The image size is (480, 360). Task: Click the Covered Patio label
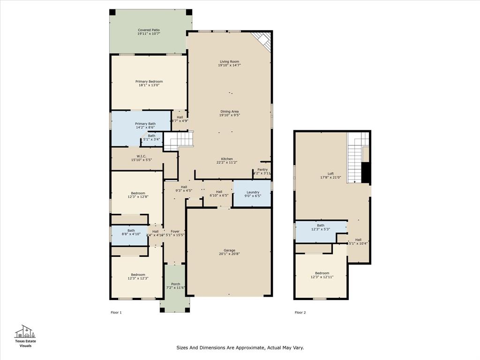point(149,30)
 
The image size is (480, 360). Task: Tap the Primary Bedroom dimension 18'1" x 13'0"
point(149,85)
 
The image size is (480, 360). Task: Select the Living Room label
point(229,61)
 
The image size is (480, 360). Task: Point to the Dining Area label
point(229,112)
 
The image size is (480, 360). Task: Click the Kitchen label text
point(227,159)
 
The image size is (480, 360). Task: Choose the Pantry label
point(262,170)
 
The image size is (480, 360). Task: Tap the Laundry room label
point(253,192)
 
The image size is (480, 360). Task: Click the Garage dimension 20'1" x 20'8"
point(229,254)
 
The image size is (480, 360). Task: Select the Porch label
point(175,284)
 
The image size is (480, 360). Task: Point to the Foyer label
point(175,231)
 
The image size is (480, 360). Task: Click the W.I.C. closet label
point(142,157)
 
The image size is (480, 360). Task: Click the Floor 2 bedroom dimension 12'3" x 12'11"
point(322,277)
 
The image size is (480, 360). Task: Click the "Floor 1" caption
point(116,312)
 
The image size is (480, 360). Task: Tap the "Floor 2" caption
point(300,312)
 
